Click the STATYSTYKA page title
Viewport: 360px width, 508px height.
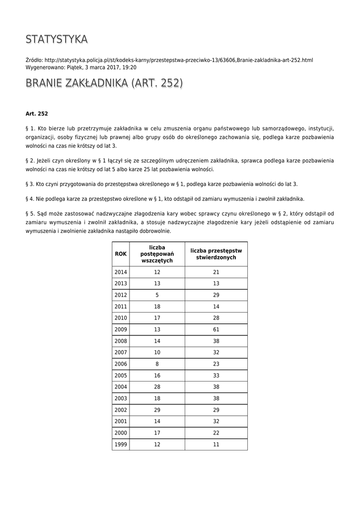coord(57,39)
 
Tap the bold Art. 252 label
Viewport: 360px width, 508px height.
coord(37,114)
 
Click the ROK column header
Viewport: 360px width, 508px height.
coord(121,254)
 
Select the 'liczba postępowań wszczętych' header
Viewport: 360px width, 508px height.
coord(157,254)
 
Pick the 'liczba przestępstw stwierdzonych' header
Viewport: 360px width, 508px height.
coord(216,254)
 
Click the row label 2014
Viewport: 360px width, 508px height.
coord(121,272)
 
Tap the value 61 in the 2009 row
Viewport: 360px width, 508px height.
coord(216,329)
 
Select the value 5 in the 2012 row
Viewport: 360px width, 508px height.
coord(157,295)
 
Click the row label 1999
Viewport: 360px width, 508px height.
coord(121,444)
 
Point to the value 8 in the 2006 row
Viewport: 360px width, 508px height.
coord(157,364)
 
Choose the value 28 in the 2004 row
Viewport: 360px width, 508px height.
coord(157,387)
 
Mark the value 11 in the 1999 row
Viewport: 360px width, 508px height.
coord(216,444)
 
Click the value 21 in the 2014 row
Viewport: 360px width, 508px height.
coord(216,272)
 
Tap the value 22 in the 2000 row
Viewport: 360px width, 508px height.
coord(216,433)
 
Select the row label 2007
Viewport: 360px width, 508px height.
coord(121,353)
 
